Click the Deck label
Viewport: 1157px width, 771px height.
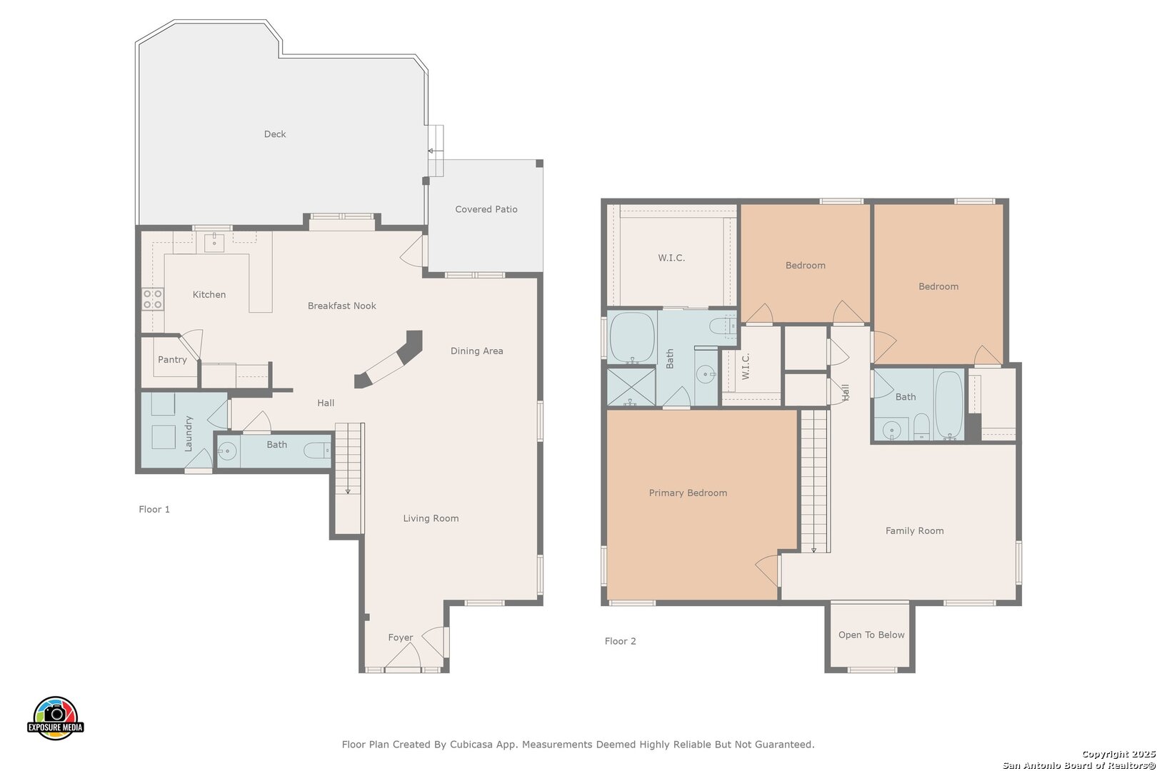click(275, 134)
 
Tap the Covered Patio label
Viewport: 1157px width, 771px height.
click(486, 209)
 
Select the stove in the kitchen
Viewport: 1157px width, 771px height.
click(153, 299)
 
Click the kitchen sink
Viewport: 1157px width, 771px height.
click(214, 242)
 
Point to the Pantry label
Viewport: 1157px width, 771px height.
click(172, 359)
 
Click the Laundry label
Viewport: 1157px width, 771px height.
click(188, 433)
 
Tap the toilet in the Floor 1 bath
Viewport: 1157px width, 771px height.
click(317, 451)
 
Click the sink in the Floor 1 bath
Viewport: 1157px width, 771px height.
click(227, 451)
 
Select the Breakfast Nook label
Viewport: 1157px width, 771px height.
click(342, 306)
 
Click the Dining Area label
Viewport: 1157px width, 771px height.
click(477, 351)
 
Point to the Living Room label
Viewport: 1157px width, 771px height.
click(431, 518)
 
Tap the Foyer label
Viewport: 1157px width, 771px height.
click(400, 638)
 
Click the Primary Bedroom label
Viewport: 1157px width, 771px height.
click(688, 493)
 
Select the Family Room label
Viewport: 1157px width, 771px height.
click(915, 531)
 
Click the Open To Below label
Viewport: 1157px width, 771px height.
click(871, 635)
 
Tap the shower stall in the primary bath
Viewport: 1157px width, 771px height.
click(631, 386)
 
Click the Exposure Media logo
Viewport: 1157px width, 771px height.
click(55, 717)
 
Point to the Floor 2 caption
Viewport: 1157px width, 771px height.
click(621, 641)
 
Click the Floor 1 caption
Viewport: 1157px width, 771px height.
click(154, 510)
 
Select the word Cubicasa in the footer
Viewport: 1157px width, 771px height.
click(470, 745)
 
